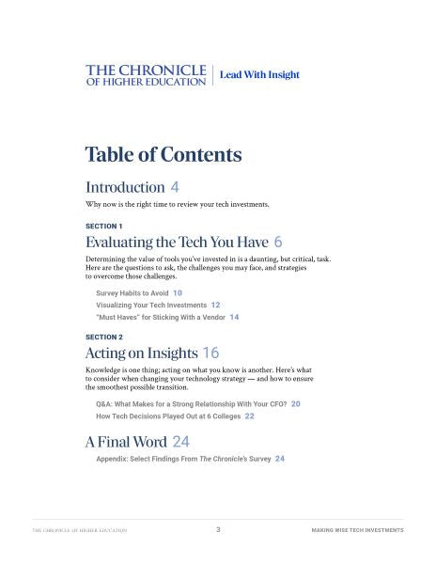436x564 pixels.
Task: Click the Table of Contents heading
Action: [163, 154]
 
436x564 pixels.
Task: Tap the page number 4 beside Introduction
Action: [175, 186]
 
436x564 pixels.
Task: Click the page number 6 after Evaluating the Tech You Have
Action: [278, 242]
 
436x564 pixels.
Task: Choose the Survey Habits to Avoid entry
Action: [132, 293]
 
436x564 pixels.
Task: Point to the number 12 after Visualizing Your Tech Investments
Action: [216, 305]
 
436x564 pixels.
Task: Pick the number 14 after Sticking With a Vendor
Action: [234, 318]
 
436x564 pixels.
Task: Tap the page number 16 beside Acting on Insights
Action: [210, 353]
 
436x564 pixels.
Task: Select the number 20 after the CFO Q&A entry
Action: [296, 403]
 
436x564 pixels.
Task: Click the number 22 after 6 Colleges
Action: [249, 415]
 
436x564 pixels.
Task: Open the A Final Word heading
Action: [126, 441]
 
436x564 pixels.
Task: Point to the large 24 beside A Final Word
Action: [181, 441]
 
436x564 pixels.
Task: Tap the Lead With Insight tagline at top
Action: [259, 74]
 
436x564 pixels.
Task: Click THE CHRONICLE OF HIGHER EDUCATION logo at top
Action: [146, 75]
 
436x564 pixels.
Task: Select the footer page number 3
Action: [218, 530]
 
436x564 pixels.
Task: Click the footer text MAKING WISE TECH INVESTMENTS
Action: [357, 530]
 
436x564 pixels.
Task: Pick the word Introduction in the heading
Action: [125, 186]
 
